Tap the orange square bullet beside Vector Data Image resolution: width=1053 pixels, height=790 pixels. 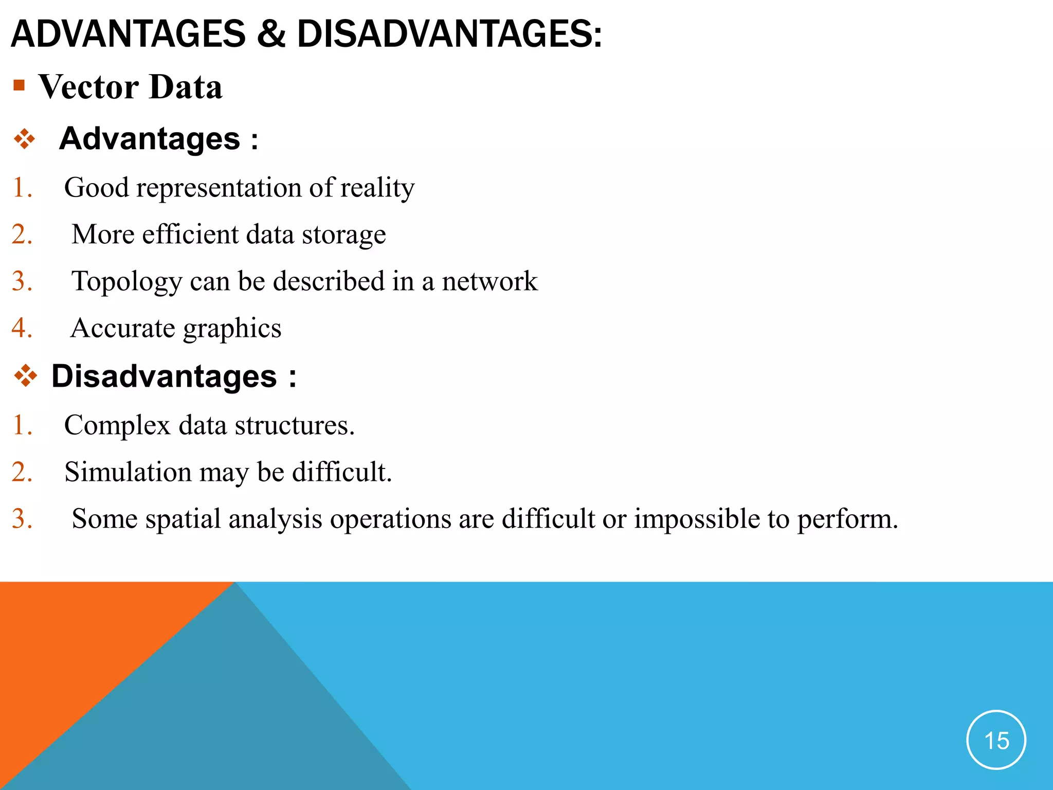[19, 85]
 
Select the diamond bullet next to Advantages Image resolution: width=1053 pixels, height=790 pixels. [25, 139]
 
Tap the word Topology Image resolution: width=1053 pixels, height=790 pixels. [126, 282]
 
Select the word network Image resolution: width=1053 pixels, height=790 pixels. [489, 281]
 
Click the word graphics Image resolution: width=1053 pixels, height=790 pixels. [232, 329]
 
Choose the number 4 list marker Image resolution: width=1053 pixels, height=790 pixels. [22, 328]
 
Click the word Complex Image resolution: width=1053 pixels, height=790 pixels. [117, 425]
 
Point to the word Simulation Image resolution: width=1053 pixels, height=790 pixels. [128, 472]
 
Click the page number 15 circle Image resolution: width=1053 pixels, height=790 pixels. [996, 740]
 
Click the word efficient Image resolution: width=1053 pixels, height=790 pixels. [190, 235]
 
